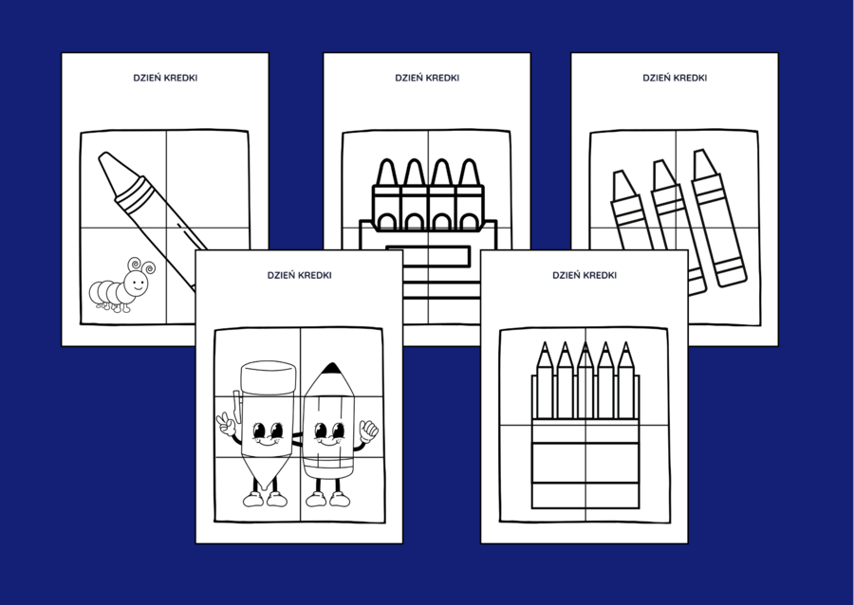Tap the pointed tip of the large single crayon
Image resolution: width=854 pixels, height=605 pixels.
click(x=105, y=161)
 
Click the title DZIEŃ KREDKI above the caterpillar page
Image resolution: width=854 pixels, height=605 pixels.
click(x=165, y=78)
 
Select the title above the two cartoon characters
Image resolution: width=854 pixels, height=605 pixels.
click(x=299, y=275)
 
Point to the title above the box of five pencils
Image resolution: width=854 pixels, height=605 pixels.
click(x=585, y=275)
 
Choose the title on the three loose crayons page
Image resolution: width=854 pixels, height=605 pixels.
click(x=674, y=78)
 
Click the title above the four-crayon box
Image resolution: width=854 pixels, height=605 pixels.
click(x=427, y=78)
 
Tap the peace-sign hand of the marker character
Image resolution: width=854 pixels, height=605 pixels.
click(x=226, y=422)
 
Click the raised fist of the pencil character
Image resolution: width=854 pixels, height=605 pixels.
click(x=368, y=431)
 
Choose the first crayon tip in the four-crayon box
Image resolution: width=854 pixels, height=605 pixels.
click(x=386, y=173)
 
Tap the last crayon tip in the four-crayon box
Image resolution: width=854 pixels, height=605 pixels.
click(x=467, y=173)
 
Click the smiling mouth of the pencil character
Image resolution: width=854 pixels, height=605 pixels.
click(x=329, y=443)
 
